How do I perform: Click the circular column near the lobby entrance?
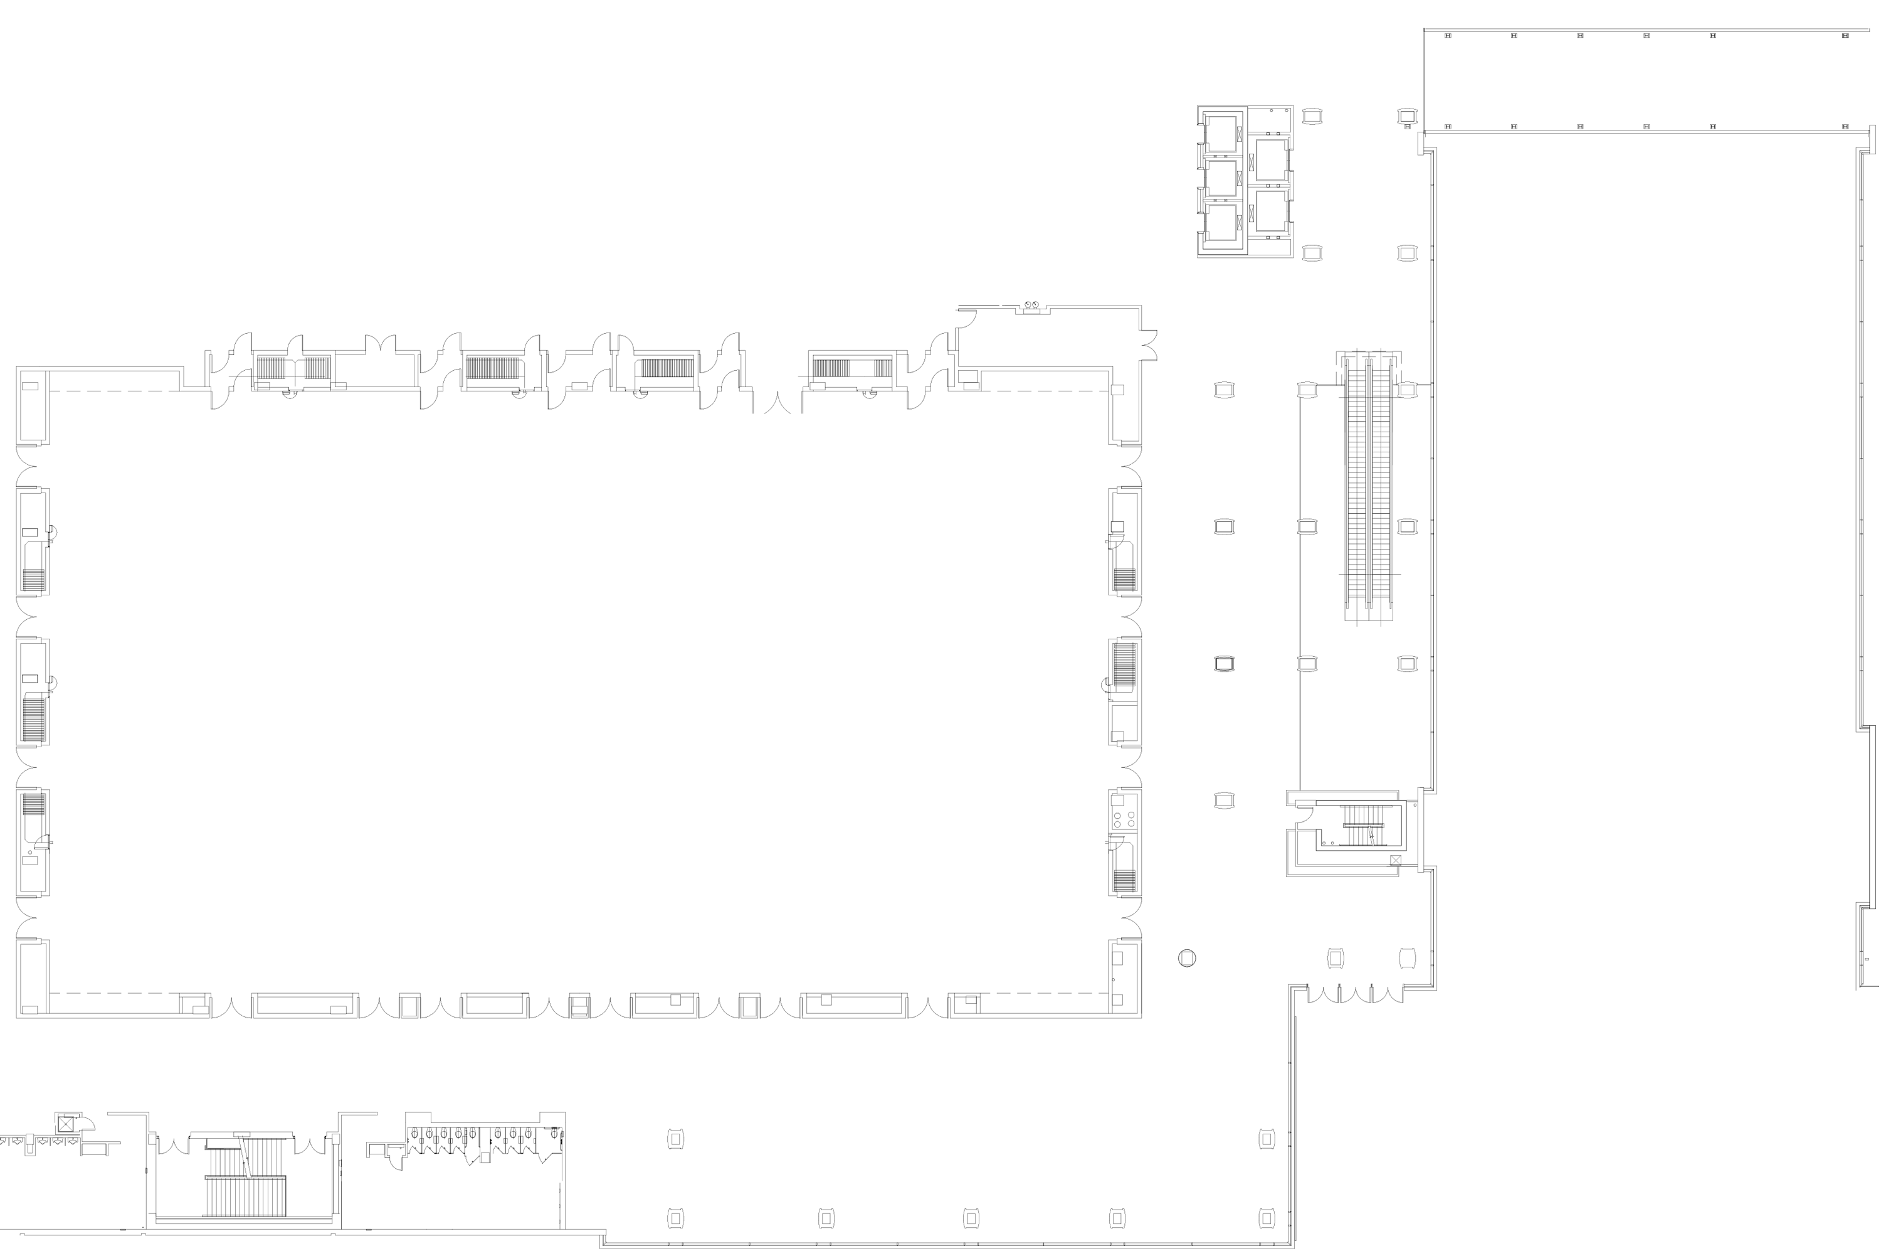[x=1186, y=958]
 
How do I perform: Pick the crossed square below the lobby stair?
[x=1396, y=860]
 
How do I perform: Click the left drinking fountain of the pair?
[x=1028, y=305]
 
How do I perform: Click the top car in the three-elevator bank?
[x=1221, y=134]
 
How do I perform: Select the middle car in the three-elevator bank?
[x=1221, y=178]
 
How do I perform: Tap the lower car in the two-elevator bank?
[x=1271, y=211]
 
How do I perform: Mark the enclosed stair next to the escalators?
[x=1365, y=826]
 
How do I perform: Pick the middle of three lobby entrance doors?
[x=1356, y=994]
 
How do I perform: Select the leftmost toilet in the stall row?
[x=414, y=1133]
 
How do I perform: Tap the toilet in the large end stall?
[x=554, y=1133]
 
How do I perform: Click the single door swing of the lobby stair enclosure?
[x=1305, y=814]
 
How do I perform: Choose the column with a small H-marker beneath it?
[x=1408, y=117]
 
